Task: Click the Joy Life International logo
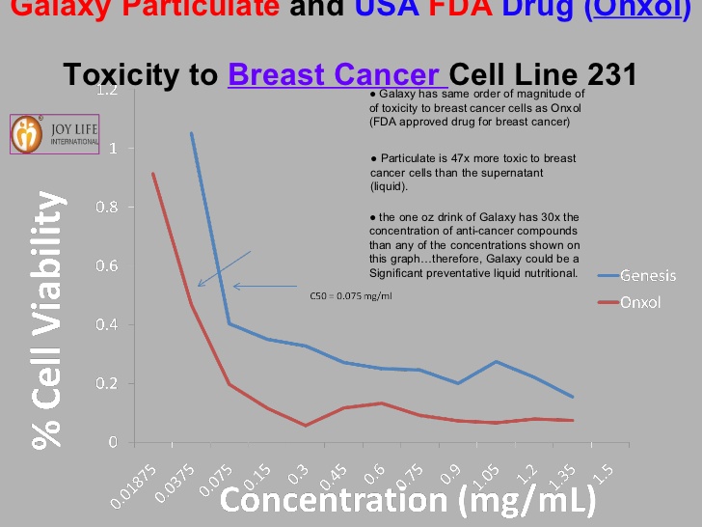pyautogui.click(x=55, y=134)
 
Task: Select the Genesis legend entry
pyautogui.click(x=647, y=275)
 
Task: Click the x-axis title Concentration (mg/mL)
pyautogui.click(x=408, y=501)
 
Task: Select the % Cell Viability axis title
pyautogui.click(x=45, y=319)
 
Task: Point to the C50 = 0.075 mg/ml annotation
pyautogui.click(x=351, y=295)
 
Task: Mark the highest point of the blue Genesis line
pyautogui.click(x=191, y=133)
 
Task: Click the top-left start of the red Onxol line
pyautogui.click(x=152, y=174)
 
